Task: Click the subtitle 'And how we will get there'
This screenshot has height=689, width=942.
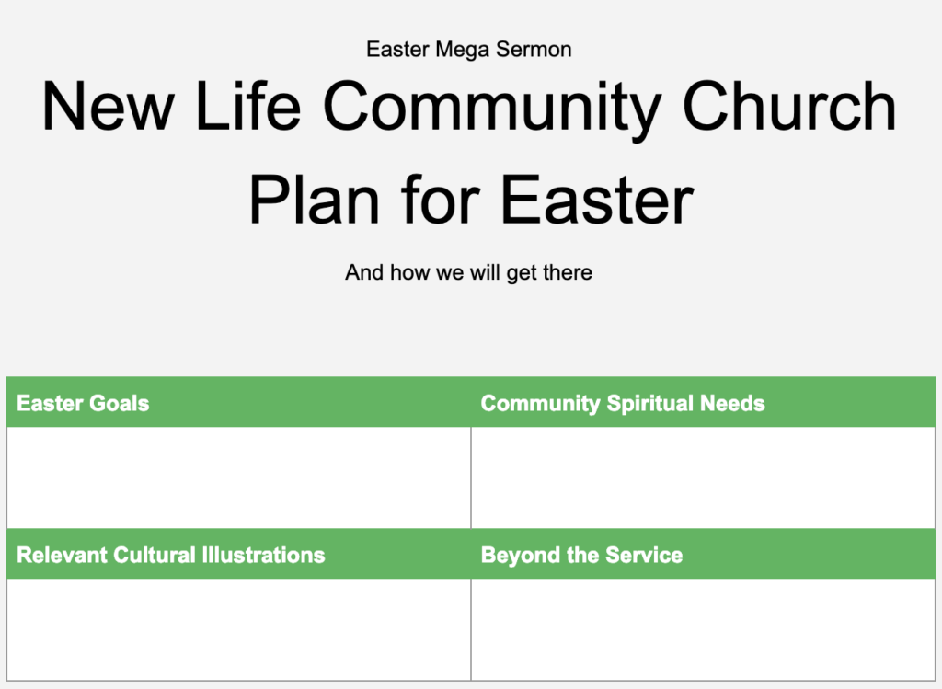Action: (x=468, y=272)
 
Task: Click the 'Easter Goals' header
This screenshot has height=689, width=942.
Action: (x=83, y=404)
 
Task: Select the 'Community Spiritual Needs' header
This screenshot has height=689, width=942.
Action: (x=622, y=404)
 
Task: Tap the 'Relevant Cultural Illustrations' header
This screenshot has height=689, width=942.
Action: (x=170, y=556)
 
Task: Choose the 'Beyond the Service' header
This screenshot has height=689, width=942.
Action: (x=581, y=556)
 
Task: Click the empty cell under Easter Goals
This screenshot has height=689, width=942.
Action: (x=238, y=477)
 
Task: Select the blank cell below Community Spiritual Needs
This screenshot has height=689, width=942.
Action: (x=703, y=477)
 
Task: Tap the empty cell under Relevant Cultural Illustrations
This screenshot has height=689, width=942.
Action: (x=238, y=629)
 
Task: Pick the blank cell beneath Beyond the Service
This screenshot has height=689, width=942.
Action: (x=703, y=629)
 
